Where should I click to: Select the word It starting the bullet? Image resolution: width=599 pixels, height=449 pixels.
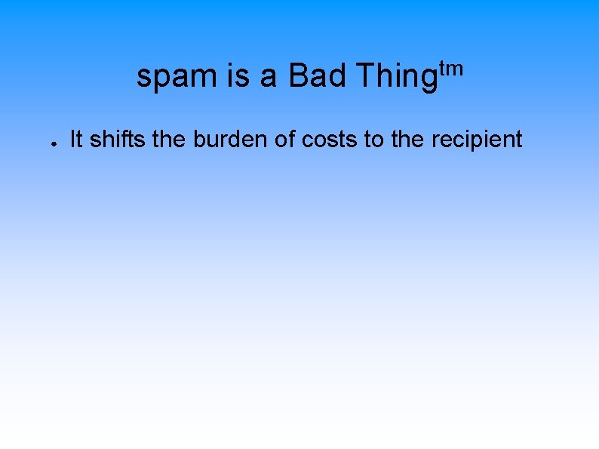(x=76, y=140)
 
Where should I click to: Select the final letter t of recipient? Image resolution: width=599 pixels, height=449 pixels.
(x=518, y=140)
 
